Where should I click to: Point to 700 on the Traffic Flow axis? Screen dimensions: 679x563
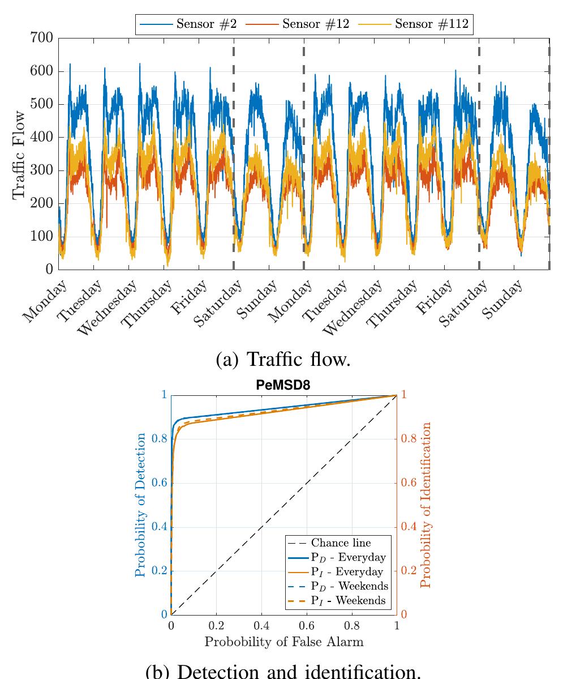coord(43,38)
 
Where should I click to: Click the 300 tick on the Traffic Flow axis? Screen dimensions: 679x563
coord(43,170)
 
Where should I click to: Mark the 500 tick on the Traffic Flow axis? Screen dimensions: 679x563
coord(43,104)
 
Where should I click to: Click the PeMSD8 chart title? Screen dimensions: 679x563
coord(283,386)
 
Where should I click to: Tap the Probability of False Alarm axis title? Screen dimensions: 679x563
coord(283,642)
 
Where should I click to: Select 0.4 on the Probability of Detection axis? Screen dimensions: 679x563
coord(160,527)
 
